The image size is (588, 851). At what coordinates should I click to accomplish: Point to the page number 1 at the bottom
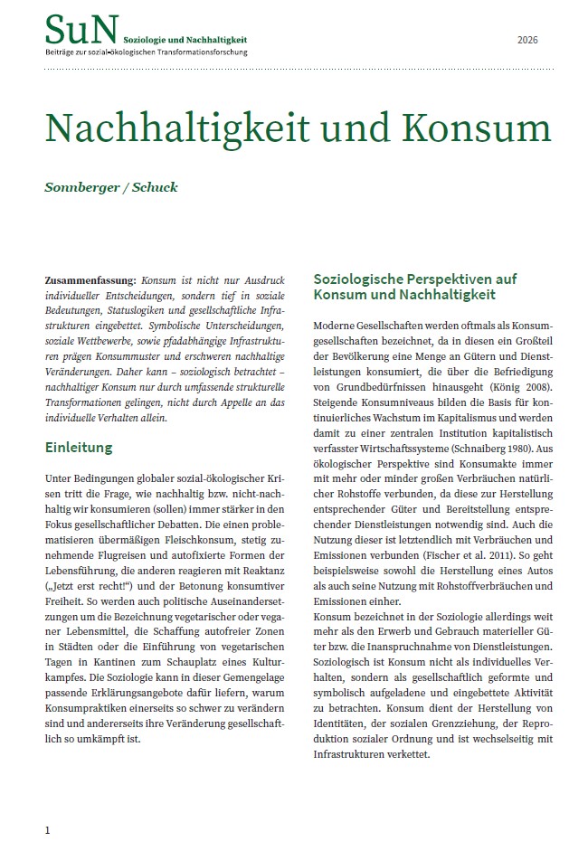pos(48,828)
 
